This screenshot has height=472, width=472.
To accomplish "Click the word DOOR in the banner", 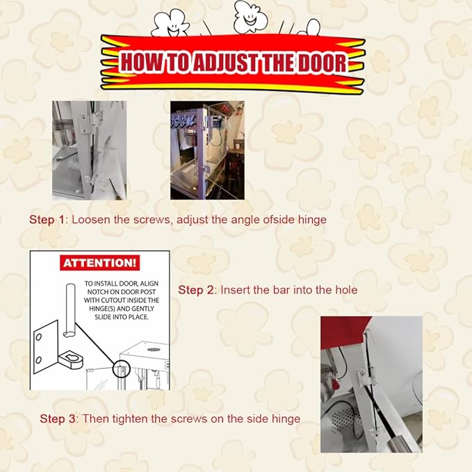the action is (323, 63).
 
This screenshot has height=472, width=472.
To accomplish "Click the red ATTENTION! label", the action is (99, 263).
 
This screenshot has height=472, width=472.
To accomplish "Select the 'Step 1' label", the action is (47, 220).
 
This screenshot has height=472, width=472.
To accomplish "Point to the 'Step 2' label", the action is (195, 290).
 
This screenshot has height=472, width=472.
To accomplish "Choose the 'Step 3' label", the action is (58, 418).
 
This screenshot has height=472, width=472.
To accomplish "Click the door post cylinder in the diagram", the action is (70, 310).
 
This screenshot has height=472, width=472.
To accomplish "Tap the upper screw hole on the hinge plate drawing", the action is (38, 337).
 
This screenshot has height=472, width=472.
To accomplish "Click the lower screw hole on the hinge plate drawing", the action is (38, 360).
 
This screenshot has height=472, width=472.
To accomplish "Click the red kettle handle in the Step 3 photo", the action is (334, 384).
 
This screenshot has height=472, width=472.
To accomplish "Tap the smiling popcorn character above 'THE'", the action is (250, 17).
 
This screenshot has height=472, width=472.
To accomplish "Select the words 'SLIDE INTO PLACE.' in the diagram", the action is (122, 317).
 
